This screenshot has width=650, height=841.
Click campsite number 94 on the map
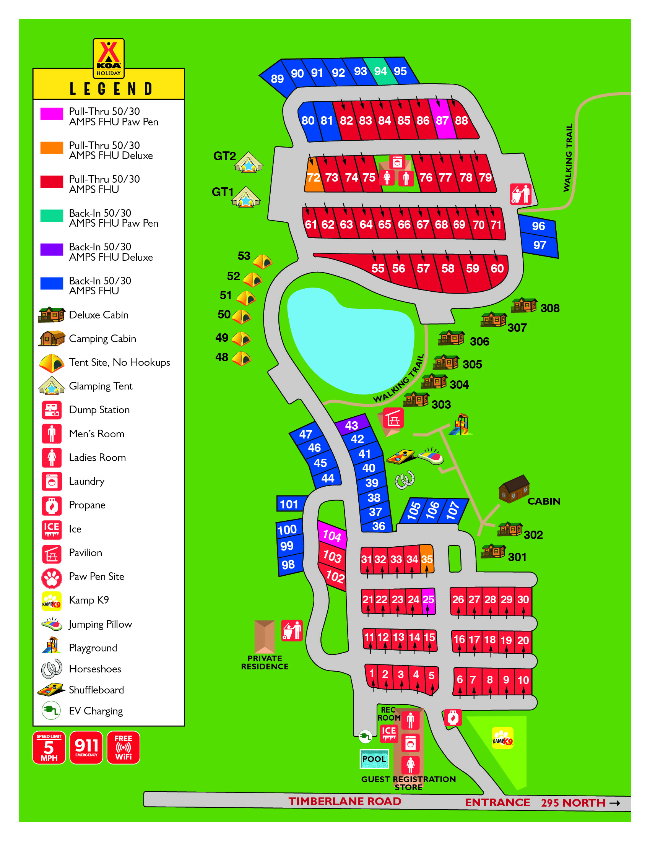point(380,71)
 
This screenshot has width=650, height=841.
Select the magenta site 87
point(442,120)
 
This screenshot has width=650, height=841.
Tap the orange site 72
point(314,177)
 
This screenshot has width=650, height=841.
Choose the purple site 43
point(351,425)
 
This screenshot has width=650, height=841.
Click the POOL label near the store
point(374,759)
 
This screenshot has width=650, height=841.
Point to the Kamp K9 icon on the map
point(502,738)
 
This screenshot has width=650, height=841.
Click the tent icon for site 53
point(263,262)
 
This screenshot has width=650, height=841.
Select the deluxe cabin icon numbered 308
point(524,305)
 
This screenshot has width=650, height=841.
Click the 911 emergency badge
point(86,747)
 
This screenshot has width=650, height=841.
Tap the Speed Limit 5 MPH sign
point(49,747)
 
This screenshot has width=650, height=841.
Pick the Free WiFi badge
point(123,747)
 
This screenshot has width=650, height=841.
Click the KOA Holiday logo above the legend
point(109,58)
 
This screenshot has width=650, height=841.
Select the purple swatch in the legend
point(52,250)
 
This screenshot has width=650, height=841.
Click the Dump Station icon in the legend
point(52,410)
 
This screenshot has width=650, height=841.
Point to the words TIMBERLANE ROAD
point(344,801)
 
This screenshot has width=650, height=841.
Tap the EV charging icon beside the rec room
point(365,737)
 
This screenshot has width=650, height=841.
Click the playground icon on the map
point(461,425)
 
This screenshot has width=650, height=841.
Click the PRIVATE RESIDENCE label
point(265,662)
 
